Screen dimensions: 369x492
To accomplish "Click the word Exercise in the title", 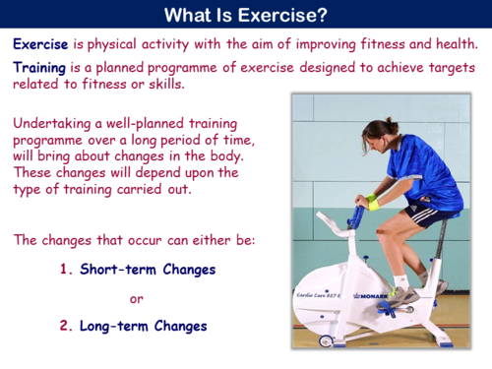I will tap(287, 15).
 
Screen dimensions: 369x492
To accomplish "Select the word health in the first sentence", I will tap(452, 43).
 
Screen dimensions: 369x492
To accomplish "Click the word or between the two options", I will tap(137, 297).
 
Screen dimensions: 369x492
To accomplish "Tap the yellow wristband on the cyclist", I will tap(373, 204).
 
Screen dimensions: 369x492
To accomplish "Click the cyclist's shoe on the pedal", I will tap(400, 293).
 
